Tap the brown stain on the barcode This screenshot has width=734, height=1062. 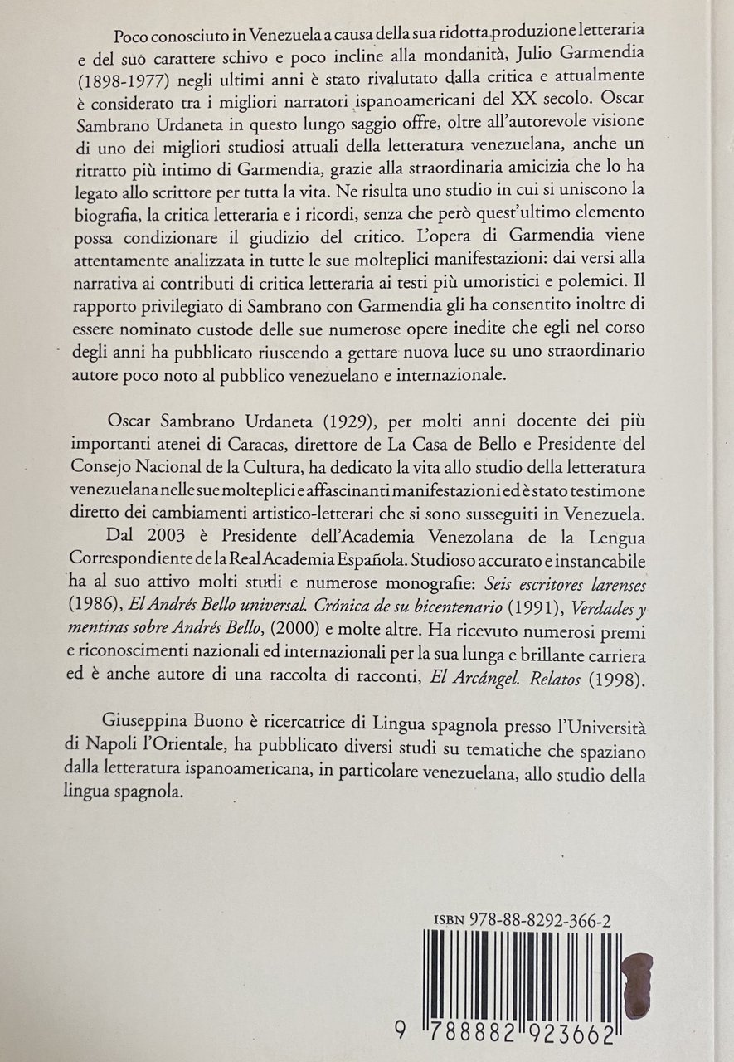638,985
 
